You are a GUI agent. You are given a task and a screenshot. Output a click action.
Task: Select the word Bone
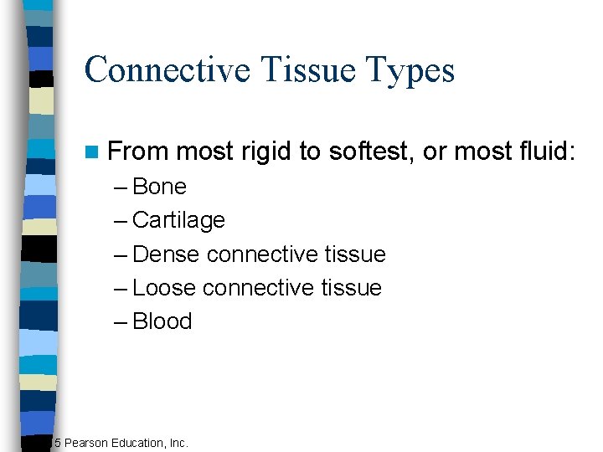click(x=159, y=187)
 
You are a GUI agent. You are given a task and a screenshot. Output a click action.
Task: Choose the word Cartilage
click(x=178, y=220)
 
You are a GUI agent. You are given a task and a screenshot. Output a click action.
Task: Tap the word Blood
click(x=162, y=321)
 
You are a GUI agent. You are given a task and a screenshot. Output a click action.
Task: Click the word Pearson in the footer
click(x=87, y=442)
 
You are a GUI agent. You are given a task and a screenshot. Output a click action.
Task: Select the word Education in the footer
click(x=139, y=442)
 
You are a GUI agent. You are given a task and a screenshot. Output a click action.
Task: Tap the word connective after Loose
click(x=258, y=287)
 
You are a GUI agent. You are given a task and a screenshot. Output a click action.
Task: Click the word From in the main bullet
click(x=139, y=152)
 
